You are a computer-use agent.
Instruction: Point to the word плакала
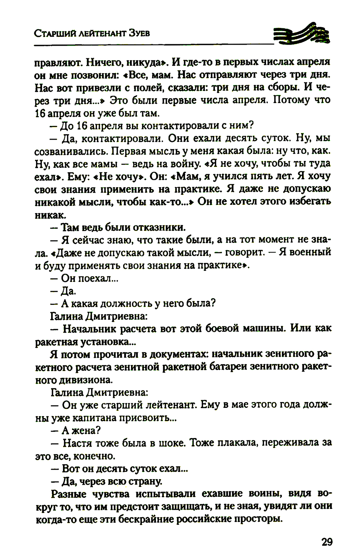pos(234,443)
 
